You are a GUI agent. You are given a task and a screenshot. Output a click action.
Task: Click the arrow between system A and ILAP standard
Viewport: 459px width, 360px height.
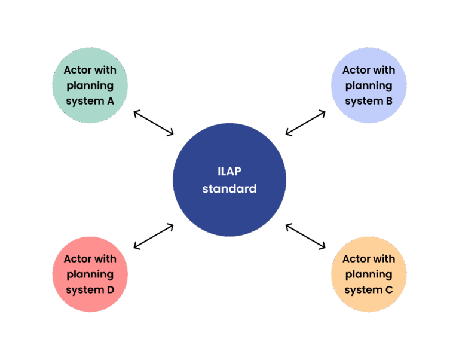pos(154,123)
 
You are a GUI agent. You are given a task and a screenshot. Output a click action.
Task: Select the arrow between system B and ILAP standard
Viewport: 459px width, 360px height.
pos(305,123)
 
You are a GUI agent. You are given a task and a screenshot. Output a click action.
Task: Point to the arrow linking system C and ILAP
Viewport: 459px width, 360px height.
pos(305,236)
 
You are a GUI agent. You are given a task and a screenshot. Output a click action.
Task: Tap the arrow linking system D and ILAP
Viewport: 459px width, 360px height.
pos(154,236)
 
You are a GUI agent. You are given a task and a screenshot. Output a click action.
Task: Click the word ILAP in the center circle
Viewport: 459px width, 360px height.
pos(229,172)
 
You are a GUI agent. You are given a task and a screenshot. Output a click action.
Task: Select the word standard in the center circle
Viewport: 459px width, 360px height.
pos(229,189)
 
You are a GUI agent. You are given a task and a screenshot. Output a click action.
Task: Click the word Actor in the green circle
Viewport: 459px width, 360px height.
pos(78,70)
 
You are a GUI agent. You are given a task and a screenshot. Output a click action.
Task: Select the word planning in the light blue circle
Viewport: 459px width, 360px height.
pos(369,86)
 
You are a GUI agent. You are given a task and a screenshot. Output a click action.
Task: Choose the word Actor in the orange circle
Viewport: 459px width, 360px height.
pos(356,259)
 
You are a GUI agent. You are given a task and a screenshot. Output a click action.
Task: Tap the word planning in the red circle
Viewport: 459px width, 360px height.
pos(90,274)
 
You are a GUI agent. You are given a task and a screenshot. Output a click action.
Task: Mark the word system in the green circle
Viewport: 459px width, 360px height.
pos(85,101)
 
